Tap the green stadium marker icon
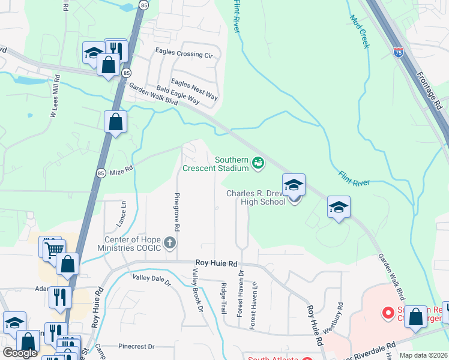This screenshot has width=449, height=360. tap(258, 163)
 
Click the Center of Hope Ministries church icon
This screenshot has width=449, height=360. tap(170, 242)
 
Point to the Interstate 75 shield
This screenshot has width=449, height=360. tap(399, 53)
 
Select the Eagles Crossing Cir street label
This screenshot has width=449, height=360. tap(184, 55)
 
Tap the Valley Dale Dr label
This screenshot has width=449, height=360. tap(152, 279)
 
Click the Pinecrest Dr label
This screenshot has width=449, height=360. tap(137, 346)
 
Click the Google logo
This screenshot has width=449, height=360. tap(20, 353)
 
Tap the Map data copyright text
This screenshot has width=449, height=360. tap(423, 355)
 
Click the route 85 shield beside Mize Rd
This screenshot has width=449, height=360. tap(101, 173)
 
